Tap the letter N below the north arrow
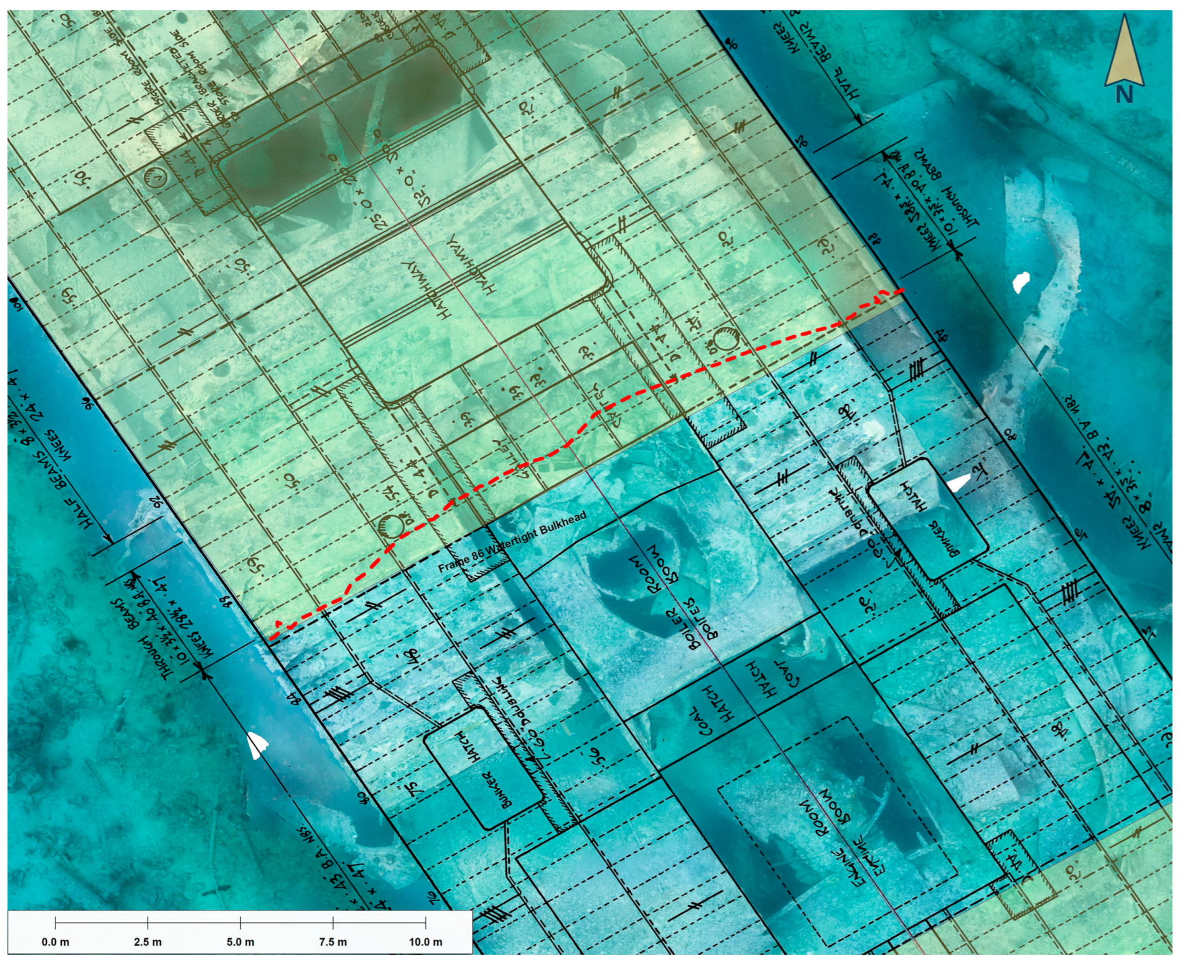(x=1124, y=95)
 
